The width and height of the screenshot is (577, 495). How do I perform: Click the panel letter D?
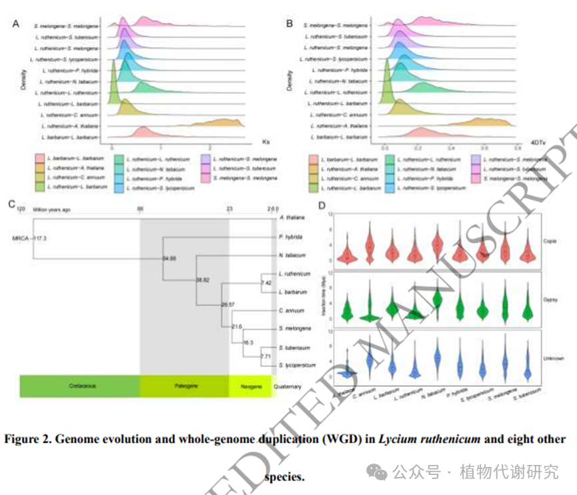[323, 207]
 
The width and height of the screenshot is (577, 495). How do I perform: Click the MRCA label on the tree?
[20, 237]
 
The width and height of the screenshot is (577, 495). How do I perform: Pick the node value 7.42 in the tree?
[265, 283]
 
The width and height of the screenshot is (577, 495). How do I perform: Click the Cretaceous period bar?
[79, 386]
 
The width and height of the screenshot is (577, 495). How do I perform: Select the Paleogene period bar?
[184, 386]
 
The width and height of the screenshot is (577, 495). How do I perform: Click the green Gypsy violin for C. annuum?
[369, 307]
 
